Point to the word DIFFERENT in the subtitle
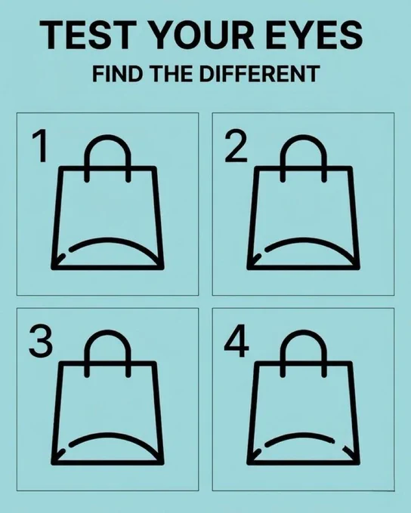click(259, 73)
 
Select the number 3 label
click(41, 342)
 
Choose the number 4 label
click(236, 340)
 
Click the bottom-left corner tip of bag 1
click(53, 269)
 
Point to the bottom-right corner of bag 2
click(358, 267)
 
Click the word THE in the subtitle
click(172, 73)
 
